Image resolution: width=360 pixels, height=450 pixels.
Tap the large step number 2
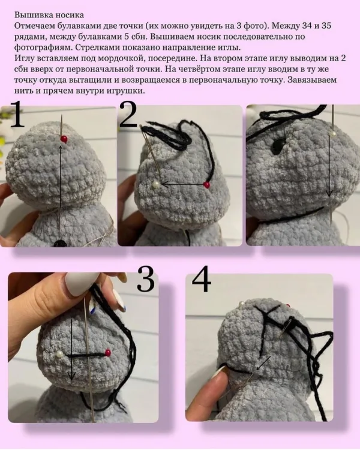(x=128, y=115)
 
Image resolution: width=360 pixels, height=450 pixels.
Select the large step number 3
(x=146, y=279)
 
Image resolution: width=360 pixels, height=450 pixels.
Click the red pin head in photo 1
(x=64, y=139)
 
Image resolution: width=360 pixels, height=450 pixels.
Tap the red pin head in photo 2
(x=206, y=185)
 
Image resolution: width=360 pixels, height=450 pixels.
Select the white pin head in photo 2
(x=155, y=184)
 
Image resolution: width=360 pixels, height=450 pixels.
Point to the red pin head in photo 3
(x=108, y=352)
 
